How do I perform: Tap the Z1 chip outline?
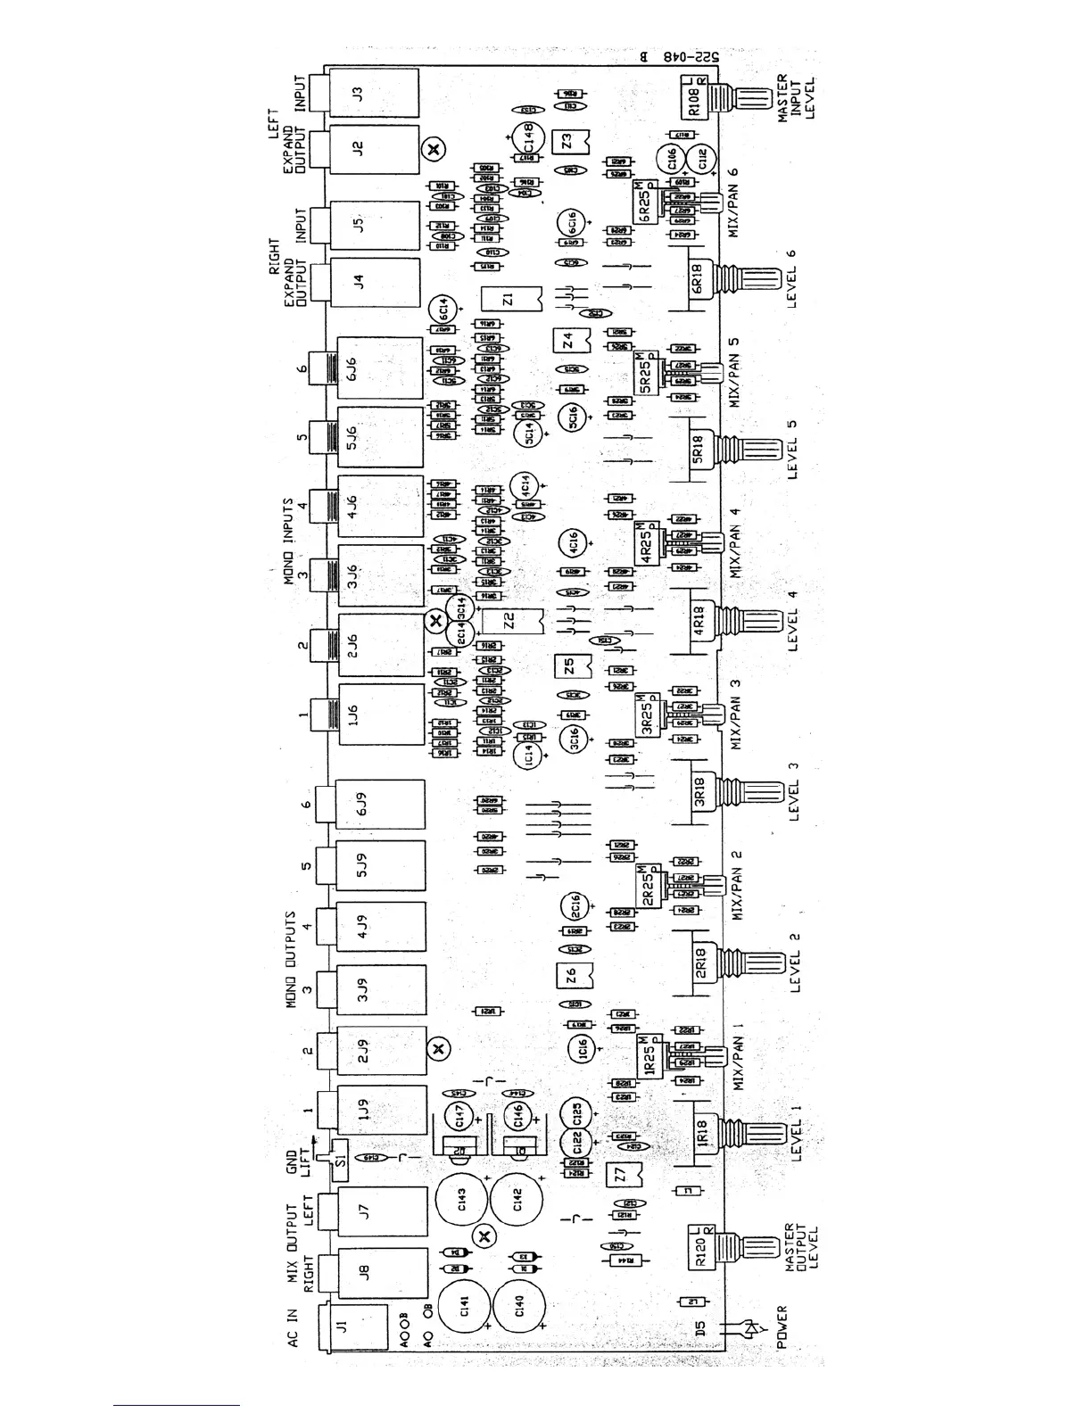tap(509, 299)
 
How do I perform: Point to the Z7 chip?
tap(621, 1177)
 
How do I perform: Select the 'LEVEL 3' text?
tap(794, 791)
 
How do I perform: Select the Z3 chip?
tap(568, 142)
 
